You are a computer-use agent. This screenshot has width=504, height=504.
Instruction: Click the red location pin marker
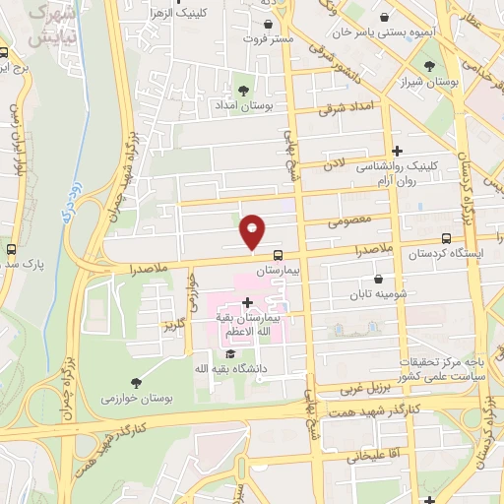253,230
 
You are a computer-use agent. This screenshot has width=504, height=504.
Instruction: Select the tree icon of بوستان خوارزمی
136,382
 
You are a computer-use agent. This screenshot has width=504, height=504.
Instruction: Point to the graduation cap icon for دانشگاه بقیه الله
229,354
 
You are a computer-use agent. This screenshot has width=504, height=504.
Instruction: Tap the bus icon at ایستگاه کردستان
447,238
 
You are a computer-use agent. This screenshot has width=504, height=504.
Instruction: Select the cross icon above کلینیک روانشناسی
397,151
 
